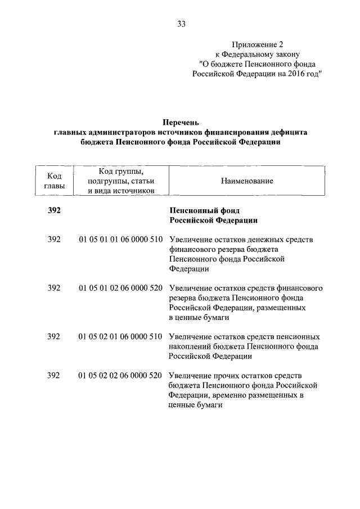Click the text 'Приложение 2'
pos(254,44)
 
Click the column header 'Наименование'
pos(247,181)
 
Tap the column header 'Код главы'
pos(54,181)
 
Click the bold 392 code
pos(54,210)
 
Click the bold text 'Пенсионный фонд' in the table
pos(200,210)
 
